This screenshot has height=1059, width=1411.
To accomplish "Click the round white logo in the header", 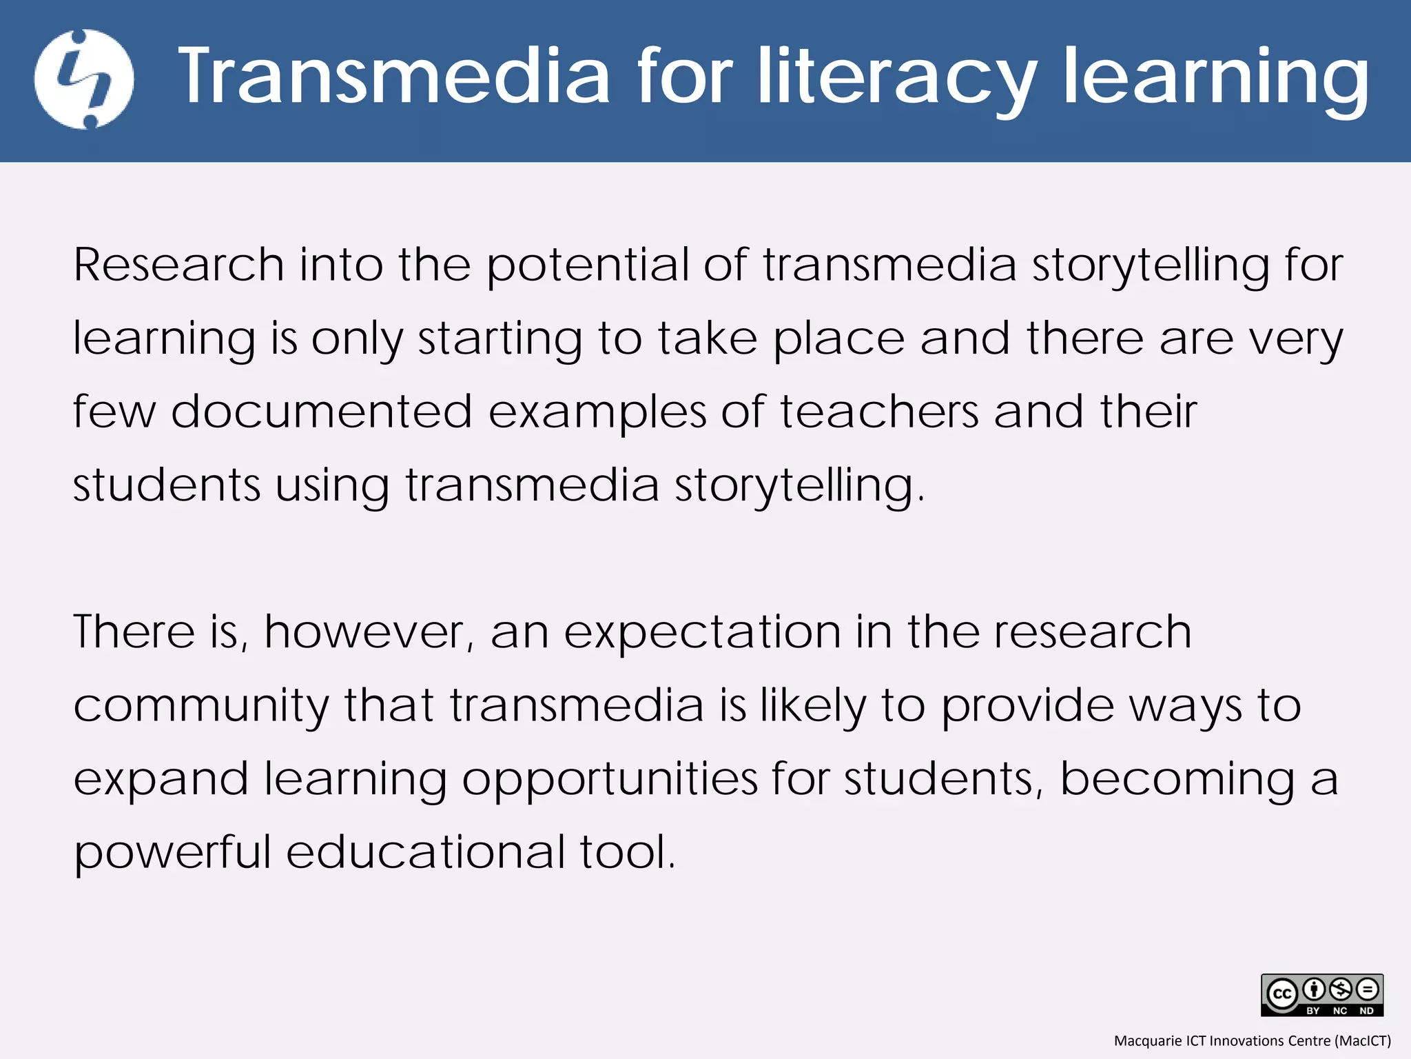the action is coord(84,79).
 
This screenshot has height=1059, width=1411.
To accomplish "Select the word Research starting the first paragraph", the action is coord(178,265).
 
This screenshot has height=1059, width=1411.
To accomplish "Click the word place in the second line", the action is coord(838,340).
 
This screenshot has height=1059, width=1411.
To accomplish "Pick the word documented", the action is coord(321,412).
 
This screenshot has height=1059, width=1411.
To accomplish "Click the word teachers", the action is coord(879,412).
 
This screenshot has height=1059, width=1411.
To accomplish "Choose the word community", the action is coord(201,707).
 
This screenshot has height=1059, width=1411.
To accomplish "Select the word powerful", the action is coord(172,854).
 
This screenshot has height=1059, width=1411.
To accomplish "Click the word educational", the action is coord(425,852).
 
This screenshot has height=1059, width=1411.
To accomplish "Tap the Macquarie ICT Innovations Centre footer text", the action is coord(1252,1040).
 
